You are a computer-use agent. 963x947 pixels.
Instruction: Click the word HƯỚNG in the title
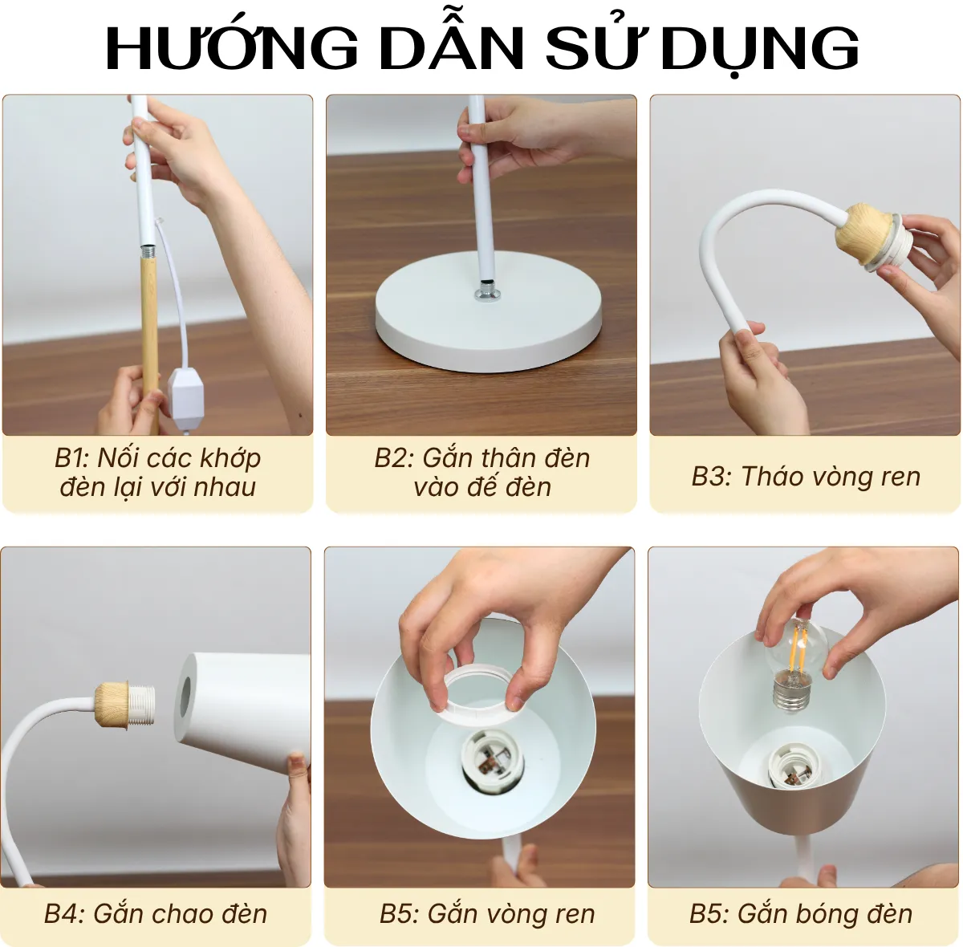click(x=232, y=48)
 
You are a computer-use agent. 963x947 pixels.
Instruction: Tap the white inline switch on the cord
click(x=186, y=391)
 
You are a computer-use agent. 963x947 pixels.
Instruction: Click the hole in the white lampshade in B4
click(x=185, y=697)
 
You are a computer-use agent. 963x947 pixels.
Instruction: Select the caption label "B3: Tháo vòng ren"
click(x=805, y=476)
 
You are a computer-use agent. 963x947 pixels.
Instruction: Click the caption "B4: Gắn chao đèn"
click(x=156, y=913)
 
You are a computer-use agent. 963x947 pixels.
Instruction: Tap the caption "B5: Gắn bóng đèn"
click(x=800, y=913)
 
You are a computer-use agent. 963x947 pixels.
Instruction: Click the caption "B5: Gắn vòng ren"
click(x=487, y=913)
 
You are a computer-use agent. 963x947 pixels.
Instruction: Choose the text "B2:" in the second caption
click(x=394, y=458)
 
